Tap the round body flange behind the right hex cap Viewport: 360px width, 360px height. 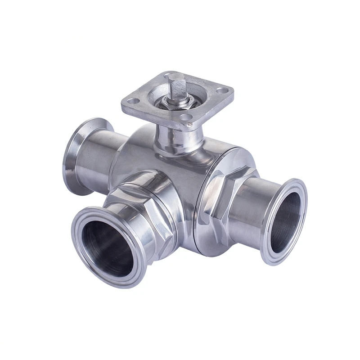pos(211,234)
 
